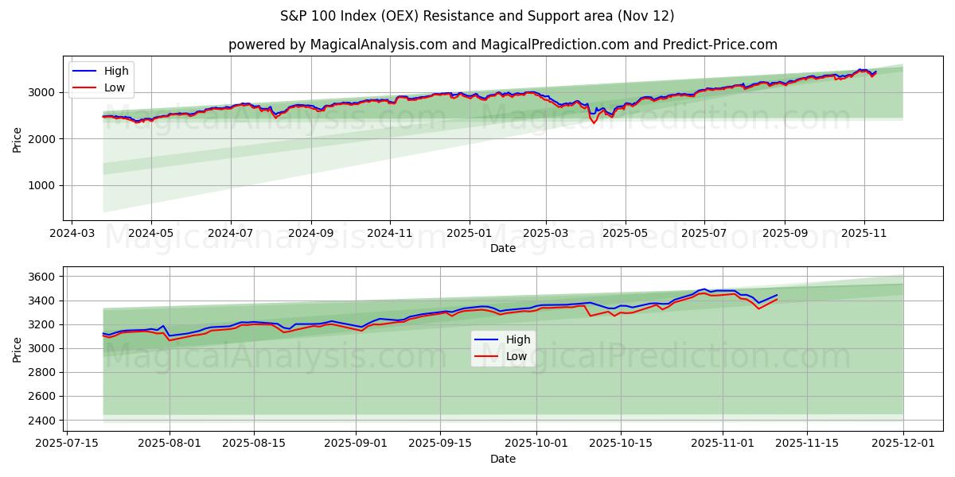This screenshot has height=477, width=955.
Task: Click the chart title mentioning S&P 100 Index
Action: point(477,16)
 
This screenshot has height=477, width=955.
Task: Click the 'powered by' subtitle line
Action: point(503,45)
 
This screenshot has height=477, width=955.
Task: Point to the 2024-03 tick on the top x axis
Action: point(72,234)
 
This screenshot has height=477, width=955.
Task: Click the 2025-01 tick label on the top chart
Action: point(469,234)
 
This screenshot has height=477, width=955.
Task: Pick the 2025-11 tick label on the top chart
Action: point(864,234)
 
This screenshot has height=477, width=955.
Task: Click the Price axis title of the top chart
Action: point(18,138)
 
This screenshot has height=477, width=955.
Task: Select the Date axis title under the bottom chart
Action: point(502,459)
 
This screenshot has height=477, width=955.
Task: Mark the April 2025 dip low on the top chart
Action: point(593,122)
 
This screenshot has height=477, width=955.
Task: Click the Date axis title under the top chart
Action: point(502,248)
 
